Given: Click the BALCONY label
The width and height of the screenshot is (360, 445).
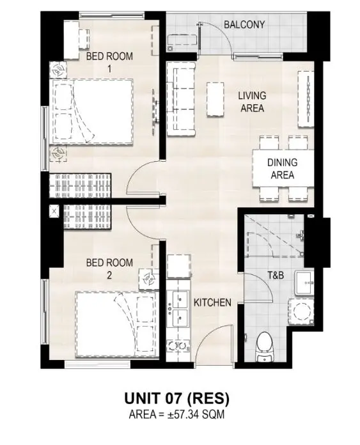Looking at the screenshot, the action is pos(244,25).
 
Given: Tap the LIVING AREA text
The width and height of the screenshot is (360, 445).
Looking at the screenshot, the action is pos(252,102).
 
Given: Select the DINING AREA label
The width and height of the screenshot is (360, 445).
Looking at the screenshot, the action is pos(282,169).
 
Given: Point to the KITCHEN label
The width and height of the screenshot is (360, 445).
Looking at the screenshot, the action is pos(212,302).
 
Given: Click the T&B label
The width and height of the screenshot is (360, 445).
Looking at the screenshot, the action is pos(276,275).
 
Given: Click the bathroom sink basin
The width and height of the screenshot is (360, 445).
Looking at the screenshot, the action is pos(304,283).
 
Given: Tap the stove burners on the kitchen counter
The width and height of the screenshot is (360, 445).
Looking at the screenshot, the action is pos(178,346).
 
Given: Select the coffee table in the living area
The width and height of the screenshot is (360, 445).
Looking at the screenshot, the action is pos(215,99).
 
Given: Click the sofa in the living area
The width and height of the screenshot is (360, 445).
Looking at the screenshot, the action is pos(181,98).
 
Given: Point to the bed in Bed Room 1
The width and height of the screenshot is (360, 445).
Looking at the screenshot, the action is pos(91,111).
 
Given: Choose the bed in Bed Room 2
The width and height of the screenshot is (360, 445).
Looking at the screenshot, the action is pos(116,324).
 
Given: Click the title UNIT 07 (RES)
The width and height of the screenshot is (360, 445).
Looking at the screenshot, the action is pos(176,398).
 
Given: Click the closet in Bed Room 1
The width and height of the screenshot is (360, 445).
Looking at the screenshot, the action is pos(80,185).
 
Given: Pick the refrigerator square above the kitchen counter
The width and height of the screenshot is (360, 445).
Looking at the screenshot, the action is pos(178,266).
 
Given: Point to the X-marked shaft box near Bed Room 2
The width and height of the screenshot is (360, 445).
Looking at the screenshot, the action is pos(54,211).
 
